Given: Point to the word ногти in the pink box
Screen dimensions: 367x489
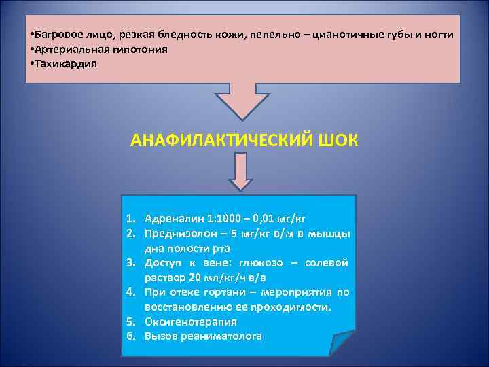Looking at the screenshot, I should click(439, 34).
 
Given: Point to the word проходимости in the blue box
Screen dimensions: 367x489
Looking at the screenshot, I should click(296, 307).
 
